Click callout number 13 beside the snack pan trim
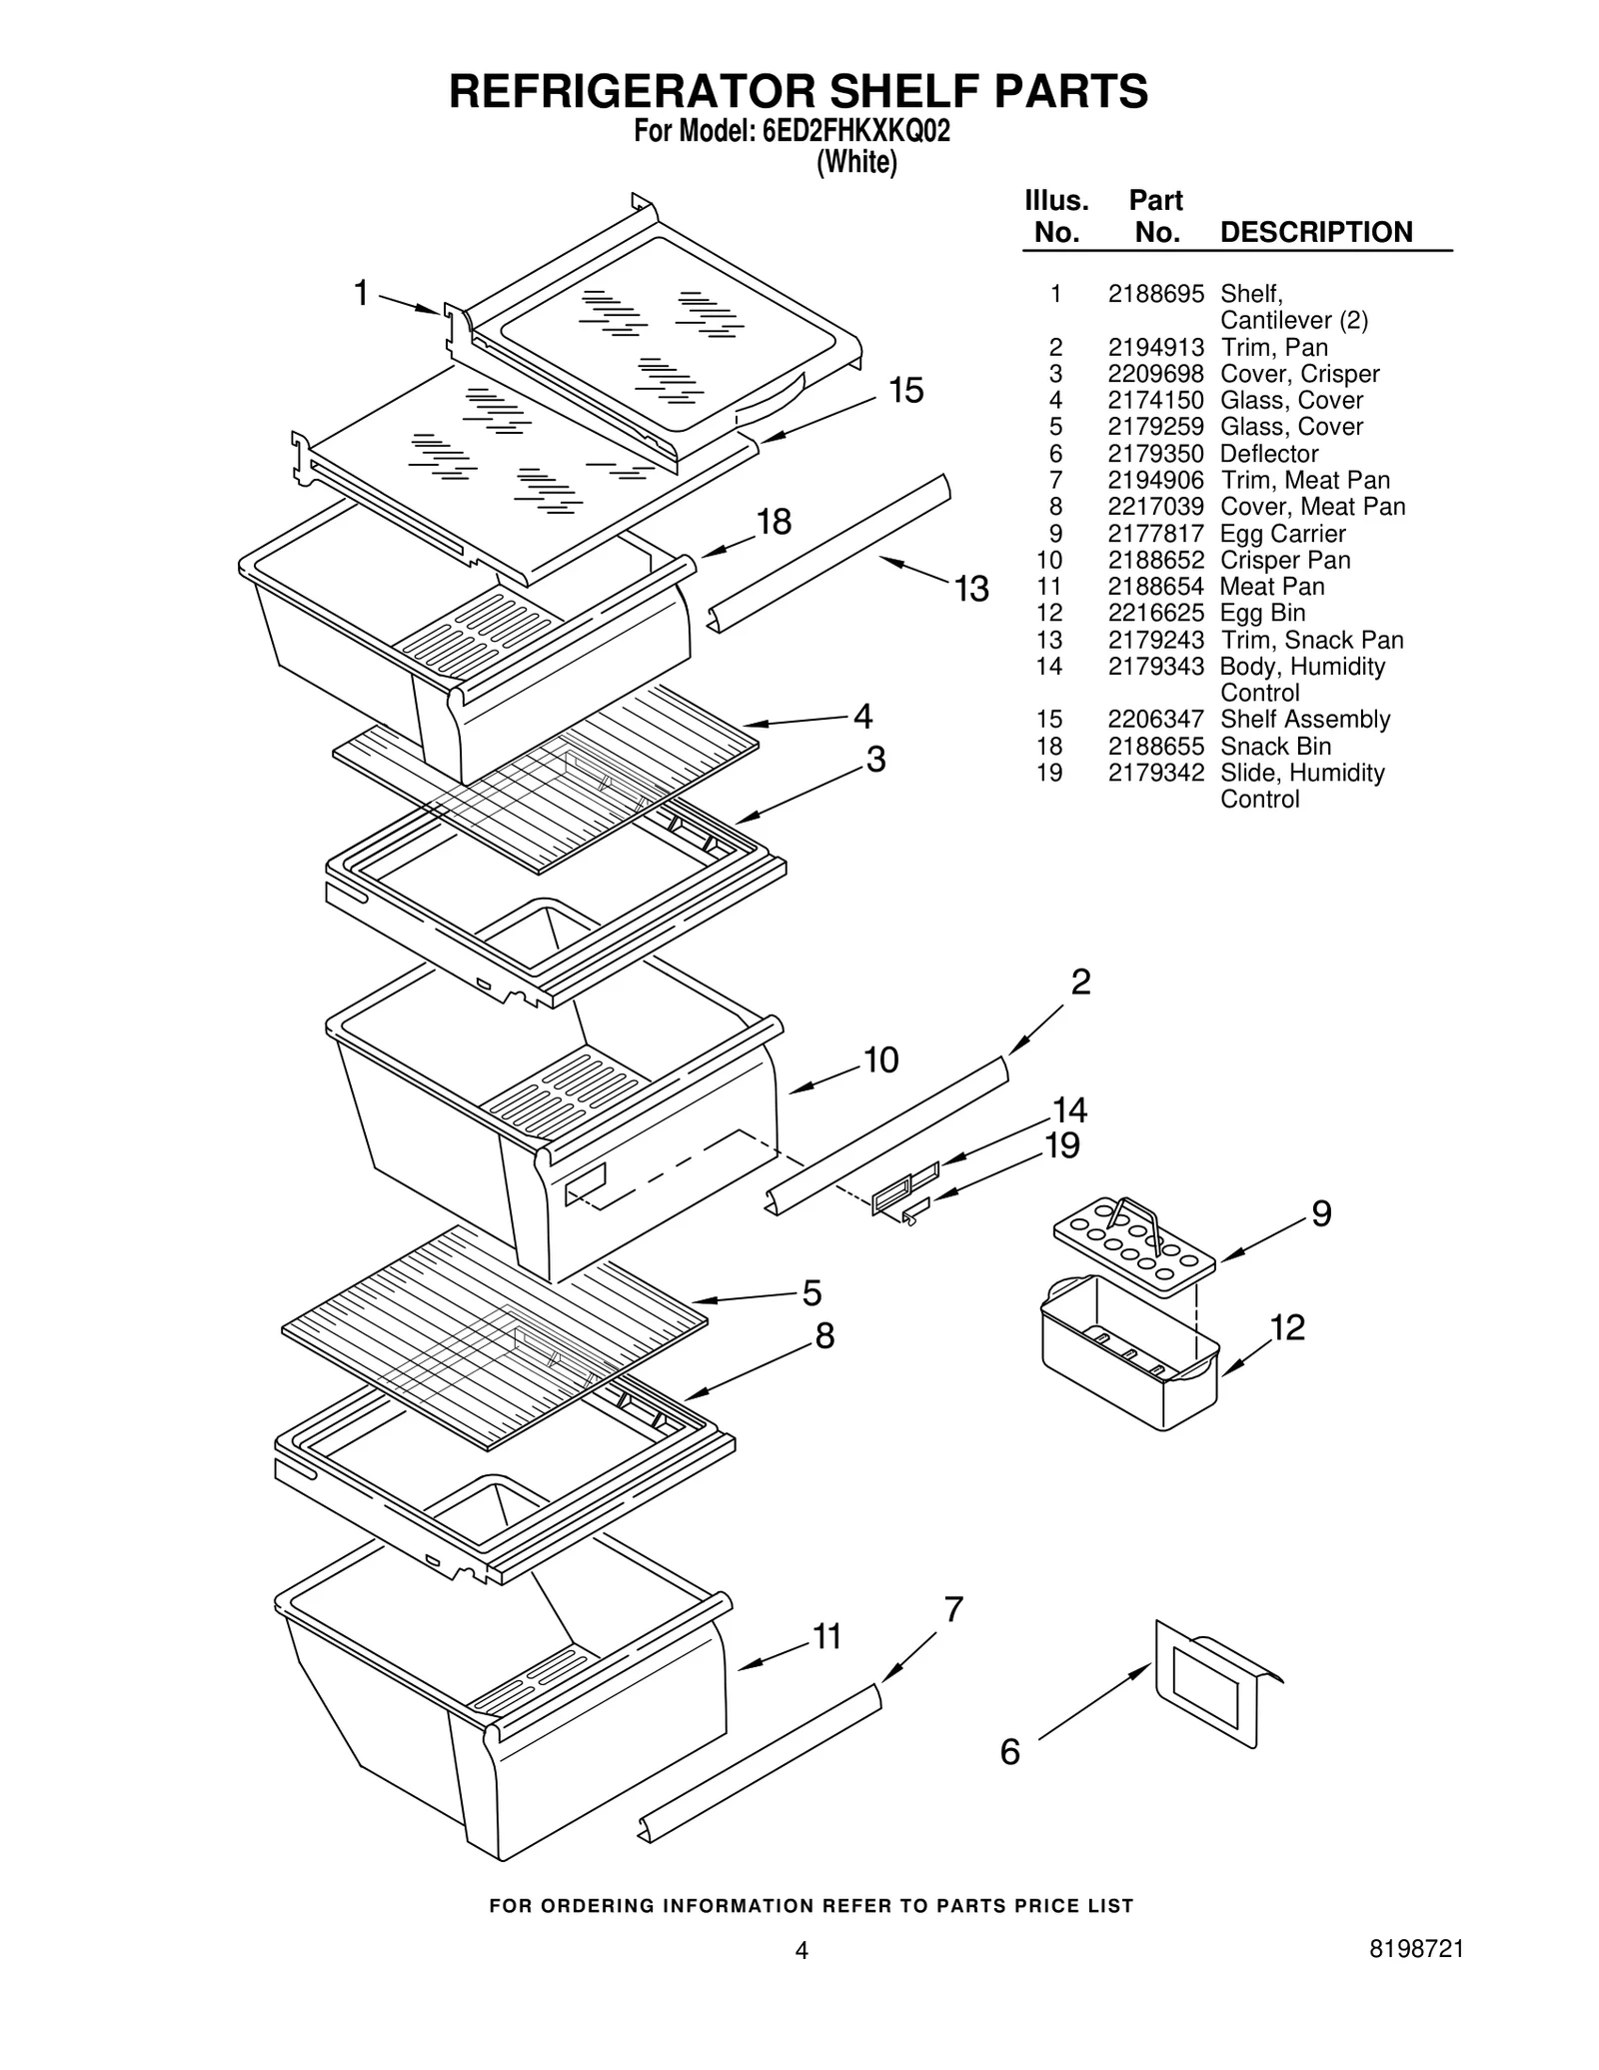[970, 588]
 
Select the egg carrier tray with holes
[1133, 1245]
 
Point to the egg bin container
[1129, 1354]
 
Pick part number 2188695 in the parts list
[1155, 294]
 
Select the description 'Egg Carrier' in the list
[1282, 534]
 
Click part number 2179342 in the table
[1155, 773]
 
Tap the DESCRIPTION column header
[1315, 232]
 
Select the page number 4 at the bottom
[800, 1978]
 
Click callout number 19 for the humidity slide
[1061, 1144]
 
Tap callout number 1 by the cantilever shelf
[362, 293]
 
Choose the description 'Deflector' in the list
[1268, 454]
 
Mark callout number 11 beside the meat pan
[826, 1636]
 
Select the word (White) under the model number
[856, 162]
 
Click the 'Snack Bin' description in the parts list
[1275, 747]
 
